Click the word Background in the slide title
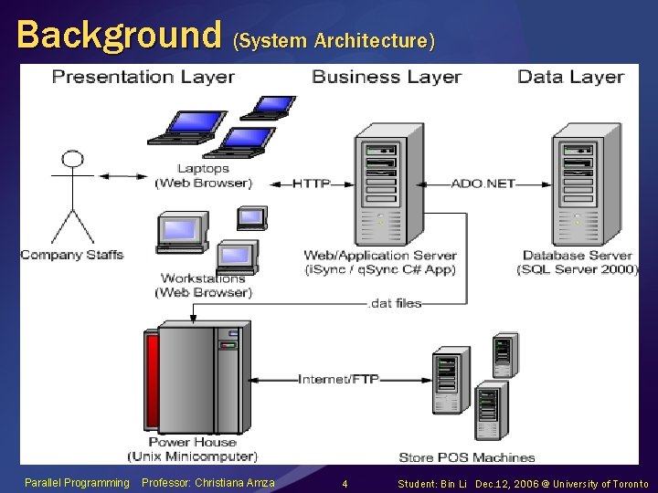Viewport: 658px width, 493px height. pyautogui.click(x=119, y=35)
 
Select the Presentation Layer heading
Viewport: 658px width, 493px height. pyautogui.click(x=143, y=77)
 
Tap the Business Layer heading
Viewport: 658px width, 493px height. pyautogui.click(x=386, y=77)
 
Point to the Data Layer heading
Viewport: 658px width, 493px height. pyautogui.click(x=570, y=77)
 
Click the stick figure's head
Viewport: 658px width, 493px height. pyautogui.click(x=72, y=159)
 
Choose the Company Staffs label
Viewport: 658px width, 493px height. pyautogui.click(x=71, y=255)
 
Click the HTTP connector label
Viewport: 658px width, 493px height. pyautogui.click(x=311, y=184)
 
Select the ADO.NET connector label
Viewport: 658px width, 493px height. pyautogui.click(x=483, y=184)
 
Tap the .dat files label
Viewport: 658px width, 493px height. pyautogui.click(x=395, y=303)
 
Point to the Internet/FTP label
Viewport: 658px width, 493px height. pyautogui.click(x=338, y=379)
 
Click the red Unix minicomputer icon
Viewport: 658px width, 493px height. pyautogui.click(x=193, y=378)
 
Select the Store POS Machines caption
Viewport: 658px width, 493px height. pyautogui.click(x=466, y=456)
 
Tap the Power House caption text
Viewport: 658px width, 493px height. pyautogui.click(x=193, y=442)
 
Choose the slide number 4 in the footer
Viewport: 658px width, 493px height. pyautogui.click(x=344, y=483)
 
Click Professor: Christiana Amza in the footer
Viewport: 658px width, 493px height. pyautogui.click(x=209, y=483)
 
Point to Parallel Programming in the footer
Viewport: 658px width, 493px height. pyautogui.click(x=77, y=483)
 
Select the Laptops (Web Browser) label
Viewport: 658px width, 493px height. pyautogui.click(x=202, y=175)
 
